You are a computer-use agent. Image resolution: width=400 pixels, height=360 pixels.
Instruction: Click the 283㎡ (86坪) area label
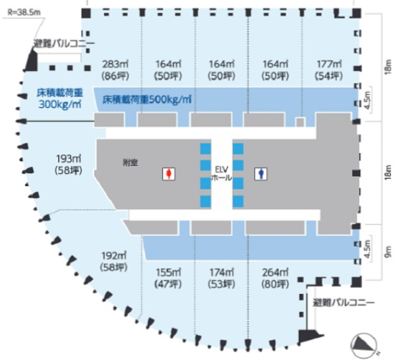click(115, 70)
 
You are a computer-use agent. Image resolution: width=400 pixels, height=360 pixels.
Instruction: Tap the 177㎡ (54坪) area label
click(329, 70)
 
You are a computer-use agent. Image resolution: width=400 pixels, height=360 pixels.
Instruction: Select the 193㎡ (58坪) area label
click(69, 165)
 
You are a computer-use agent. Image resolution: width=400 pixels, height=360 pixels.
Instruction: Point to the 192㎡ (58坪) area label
click(114, 261)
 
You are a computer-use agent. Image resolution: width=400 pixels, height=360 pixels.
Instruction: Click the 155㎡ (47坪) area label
click(168, 278)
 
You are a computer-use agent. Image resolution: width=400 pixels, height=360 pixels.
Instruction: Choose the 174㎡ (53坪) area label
click(222, 278)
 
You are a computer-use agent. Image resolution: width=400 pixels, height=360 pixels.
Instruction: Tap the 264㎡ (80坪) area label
click(275, 278)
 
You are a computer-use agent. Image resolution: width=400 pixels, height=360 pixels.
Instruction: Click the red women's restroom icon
click(169, 174)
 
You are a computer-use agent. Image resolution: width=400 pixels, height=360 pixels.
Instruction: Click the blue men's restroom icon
click(260, 174)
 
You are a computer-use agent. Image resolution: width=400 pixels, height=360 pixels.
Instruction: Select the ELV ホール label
click(221, 173)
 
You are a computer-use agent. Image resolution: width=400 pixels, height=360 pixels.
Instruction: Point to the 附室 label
click(130, 162)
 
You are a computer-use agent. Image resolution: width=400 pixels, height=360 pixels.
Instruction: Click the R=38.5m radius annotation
click(24, 12)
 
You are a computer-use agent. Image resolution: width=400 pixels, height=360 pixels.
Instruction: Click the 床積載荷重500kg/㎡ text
click(147, 99)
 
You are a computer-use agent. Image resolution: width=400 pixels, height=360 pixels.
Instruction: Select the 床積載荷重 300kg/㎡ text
click(60, 99)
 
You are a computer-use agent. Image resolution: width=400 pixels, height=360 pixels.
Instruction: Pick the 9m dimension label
click(388, 251)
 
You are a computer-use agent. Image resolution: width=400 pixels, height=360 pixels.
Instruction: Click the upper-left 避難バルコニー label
click(64, 44)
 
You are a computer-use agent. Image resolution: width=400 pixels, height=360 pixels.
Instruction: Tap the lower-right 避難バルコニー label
click(343, 303)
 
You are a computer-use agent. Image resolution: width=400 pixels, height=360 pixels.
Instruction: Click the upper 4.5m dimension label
click(367, 100)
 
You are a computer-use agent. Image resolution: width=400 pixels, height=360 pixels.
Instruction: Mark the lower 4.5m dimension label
click(367, 249)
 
